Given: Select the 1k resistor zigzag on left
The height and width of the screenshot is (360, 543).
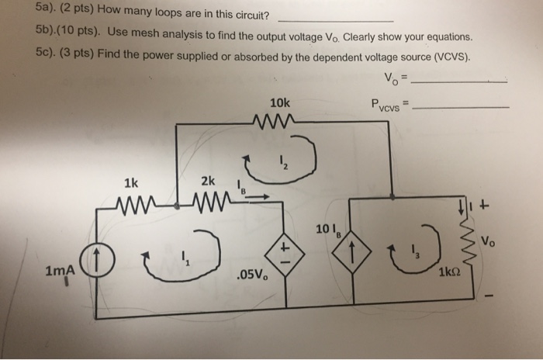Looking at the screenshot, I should coord(131,206).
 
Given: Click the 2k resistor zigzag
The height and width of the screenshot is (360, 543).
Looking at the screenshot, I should coord(208,206).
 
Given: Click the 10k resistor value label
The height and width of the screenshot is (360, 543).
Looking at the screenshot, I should coord(279,102).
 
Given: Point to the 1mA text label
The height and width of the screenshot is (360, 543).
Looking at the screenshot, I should coord(60,271).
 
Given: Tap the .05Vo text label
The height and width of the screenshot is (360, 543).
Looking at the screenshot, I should coord(249,275).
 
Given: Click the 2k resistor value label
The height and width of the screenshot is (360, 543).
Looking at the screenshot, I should coord(208,182).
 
